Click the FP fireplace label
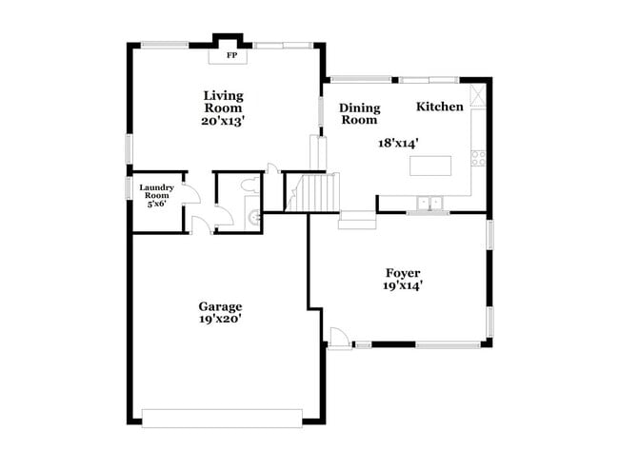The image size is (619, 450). coord(230,56)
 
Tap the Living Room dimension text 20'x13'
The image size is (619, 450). coord(223,121)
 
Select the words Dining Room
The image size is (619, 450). coord(359,114)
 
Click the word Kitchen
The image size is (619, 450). coord(440,107)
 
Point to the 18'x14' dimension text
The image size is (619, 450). coord(399,142)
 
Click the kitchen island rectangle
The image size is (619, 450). coord(429,166)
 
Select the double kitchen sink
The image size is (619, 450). coord(429,203)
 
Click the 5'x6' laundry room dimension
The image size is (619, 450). coord(155,204)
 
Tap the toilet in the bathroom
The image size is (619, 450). coord(250,185)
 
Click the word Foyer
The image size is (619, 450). coord(402,273)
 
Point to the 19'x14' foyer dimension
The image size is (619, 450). coord(402,284)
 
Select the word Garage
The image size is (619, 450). coord(220,306)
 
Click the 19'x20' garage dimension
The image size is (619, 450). coord(220,319)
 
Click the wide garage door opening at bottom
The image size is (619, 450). coord(221,415)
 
